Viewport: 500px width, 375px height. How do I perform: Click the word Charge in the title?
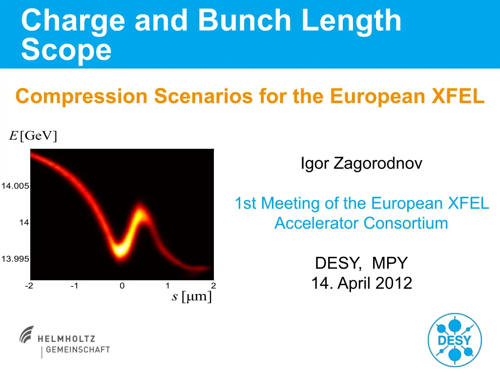point(73,21)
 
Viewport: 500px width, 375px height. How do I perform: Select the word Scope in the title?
point(66,49)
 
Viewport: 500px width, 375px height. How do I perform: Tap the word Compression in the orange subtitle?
point(82,96)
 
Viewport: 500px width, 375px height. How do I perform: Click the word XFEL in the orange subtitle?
point(458,96)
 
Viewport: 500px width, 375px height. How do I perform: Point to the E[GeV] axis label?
point(33,136)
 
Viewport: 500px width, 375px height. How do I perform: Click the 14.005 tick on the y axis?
point(15,186)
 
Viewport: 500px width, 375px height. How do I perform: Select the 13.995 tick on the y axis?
point(15,258)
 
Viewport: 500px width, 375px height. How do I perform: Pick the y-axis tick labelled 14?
point(24,222)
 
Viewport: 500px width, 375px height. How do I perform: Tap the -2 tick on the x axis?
point(29,285)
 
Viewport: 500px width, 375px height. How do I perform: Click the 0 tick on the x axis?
point(122,286)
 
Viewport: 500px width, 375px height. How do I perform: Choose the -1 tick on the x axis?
point(74,285)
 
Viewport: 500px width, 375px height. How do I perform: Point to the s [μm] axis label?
point(191,296)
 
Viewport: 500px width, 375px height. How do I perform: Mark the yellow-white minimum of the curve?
point(120,249)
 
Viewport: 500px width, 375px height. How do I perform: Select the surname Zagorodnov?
point(378,163)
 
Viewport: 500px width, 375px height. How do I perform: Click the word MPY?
point(390,263)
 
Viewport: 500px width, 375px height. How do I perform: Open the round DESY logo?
point(455,340)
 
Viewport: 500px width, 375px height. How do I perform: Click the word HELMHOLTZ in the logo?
point(66,339)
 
